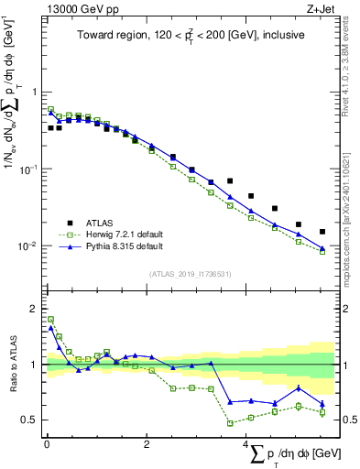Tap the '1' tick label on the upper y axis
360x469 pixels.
point(35,93)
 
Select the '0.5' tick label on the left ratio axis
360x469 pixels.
point(30,420)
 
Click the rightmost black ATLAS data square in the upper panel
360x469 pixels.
point(322,232)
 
